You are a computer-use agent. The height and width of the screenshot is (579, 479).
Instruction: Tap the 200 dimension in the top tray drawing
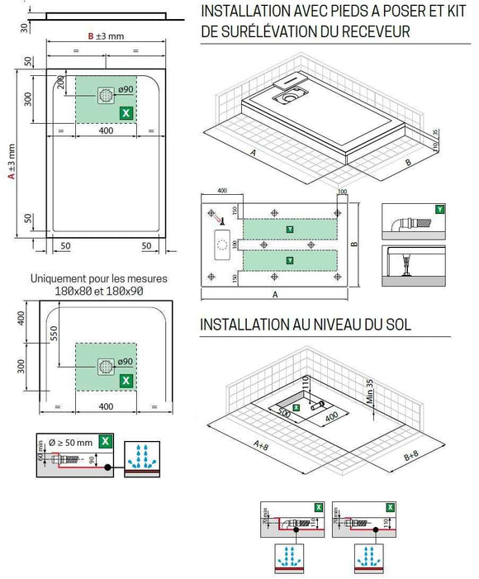click(x=61, y=83)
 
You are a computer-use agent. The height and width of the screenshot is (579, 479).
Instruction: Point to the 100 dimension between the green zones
click(x=234, y=245)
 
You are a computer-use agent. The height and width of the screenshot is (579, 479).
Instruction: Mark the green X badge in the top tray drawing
click(x=126, y=112)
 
